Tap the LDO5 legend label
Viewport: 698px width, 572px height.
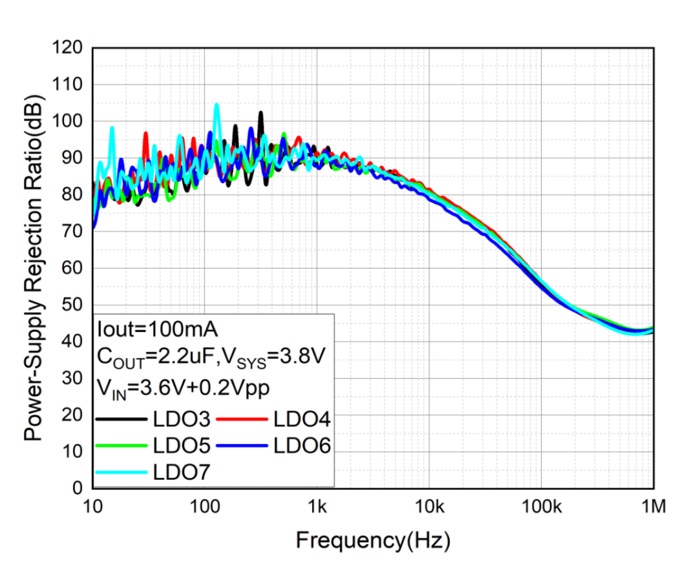coord(182,445)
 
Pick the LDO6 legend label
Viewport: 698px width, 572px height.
coord(302,445)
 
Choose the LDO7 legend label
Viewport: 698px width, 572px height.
coord(182,471)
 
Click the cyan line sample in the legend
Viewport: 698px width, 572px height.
coord(121,472)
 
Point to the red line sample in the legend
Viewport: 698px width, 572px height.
coord(242,420)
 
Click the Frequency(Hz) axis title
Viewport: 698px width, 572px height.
coord(373,540)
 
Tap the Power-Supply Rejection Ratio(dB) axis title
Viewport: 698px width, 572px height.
coord(34,268)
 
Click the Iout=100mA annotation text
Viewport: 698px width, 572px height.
coord(157,329)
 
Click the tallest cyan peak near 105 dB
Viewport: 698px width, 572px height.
coord(217,104)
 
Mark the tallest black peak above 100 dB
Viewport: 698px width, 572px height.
coord(260,112)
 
